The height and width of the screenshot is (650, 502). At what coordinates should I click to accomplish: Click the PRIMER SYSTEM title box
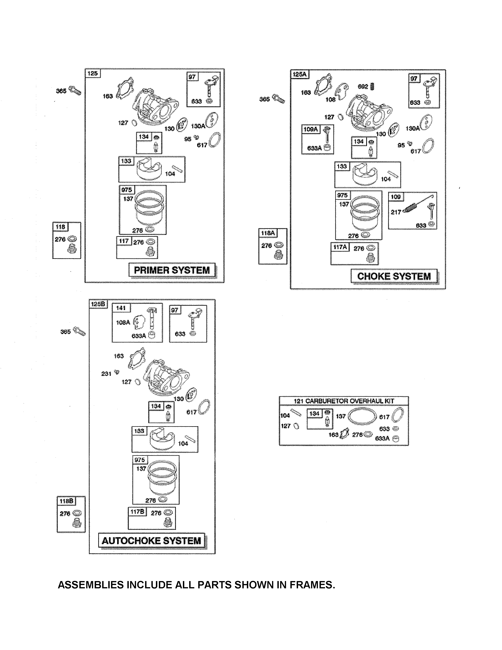tap(172, 270)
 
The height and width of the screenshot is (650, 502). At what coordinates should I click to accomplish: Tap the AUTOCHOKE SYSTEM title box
tap(151, 540)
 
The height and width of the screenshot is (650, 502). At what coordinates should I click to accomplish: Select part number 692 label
tap(363, 87)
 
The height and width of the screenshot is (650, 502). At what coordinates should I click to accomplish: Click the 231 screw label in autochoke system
tap(106, 374)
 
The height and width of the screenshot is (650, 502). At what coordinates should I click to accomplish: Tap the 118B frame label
tap(66, 501)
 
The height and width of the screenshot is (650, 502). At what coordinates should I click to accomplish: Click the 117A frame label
tap(340, 247)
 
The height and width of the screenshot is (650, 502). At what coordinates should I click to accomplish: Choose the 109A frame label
tap(310, 129)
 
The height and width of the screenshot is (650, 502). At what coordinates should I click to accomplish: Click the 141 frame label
tap(121, 308)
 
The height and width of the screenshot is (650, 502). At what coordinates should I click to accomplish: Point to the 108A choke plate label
tap(123, 322)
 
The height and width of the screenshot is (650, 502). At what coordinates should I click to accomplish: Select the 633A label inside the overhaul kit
tap(383, 438)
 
